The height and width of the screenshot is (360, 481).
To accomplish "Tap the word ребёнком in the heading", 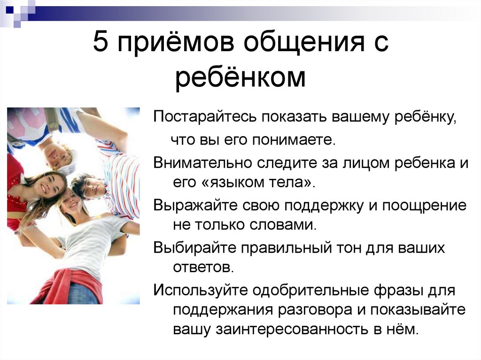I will [240, 78].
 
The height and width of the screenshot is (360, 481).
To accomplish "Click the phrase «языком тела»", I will [254, 184].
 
